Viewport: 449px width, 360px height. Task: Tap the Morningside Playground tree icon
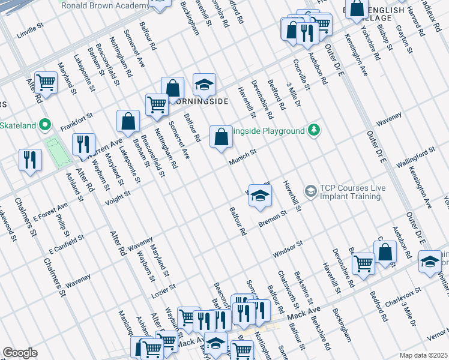coord(313,130)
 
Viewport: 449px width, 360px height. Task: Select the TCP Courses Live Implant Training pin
coord(310,191)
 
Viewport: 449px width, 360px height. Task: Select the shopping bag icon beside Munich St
coord(221,137)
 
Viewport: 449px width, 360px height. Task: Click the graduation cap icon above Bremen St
coord(260,196)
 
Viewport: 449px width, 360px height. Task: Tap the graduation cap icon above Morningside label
coord(204,85)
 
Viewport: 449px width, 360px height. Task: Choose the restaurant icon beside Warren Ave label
coord(83,144)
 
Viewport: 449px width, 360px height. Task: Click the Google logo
coord(20,353)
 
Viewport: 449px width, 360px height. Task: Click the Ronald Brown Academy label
coord(105,5)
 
